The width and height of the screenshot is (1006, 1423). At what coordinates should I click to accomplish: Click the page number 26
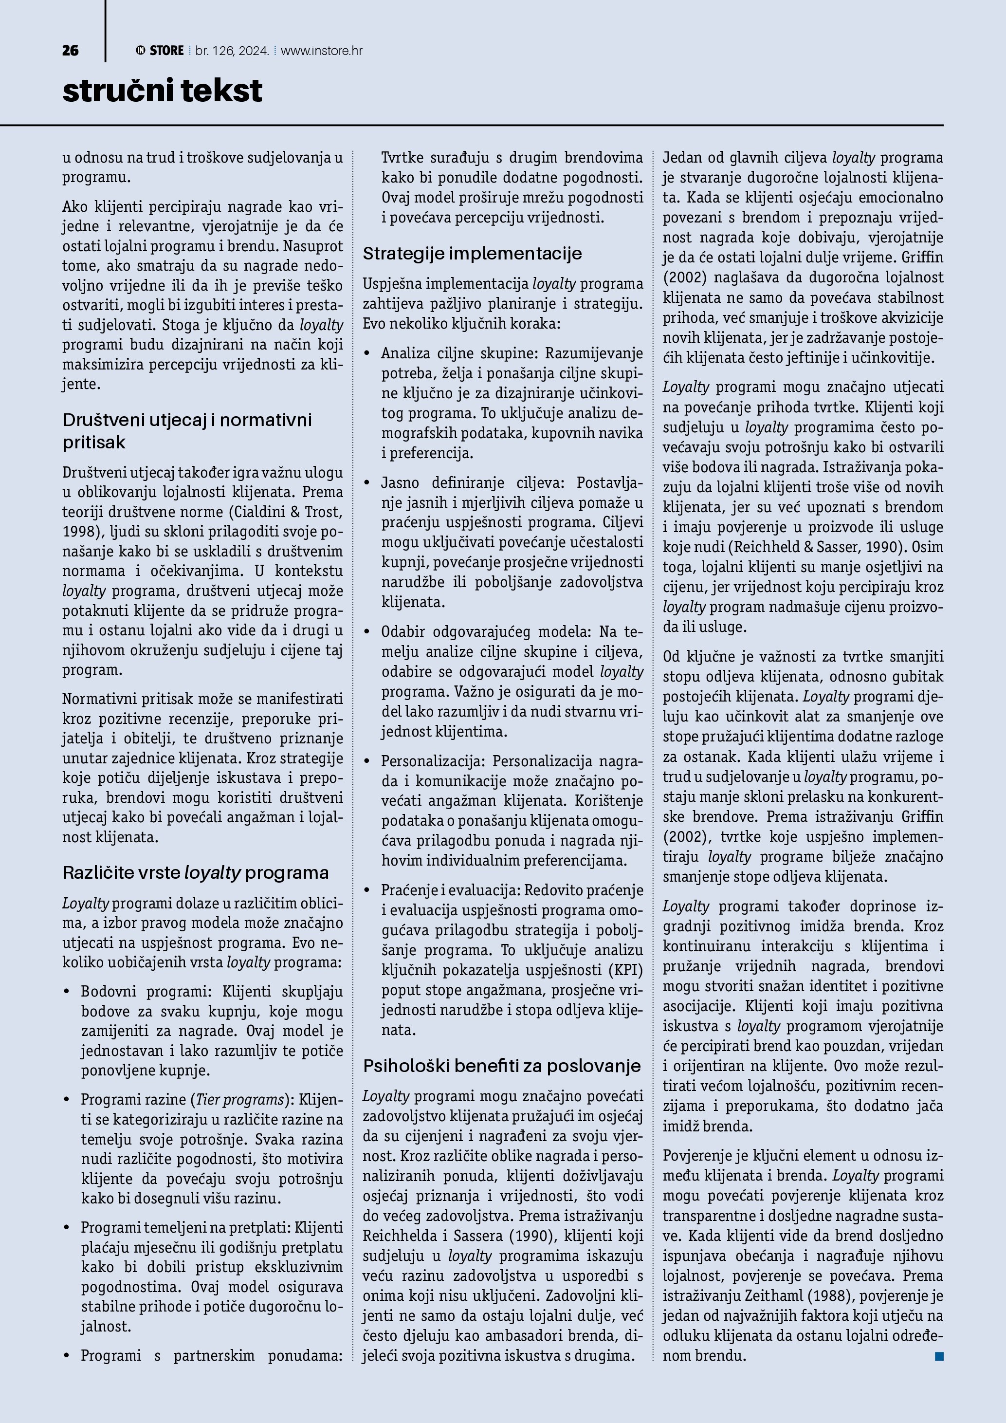point(71,51)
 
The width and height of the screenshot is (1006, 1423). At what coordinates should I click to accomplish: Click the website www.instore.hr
point(322,51)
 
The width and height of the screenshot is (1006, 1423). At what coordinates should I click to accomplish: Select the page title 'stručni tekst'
point(162,91)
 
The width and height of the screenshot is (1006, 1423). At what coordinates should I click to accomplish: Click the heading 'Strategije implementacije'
point(472,254)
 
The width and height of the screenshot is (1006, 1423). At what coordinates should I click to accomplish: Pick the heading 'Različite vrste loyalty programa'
point(196,873)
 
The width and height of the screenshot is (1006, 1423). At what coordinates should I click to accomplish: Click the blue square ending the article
point(939,1356)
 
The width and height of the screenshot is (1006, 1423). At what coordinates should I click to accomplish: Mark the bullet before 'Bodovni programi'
point(67,992)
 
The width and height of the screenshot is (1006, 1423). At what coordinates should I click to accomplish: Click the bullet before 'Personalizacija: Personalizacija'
point(367,761)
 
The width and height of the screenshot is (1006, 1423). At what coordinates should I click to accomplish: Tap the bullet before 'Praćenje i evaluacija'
point(367,890)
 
